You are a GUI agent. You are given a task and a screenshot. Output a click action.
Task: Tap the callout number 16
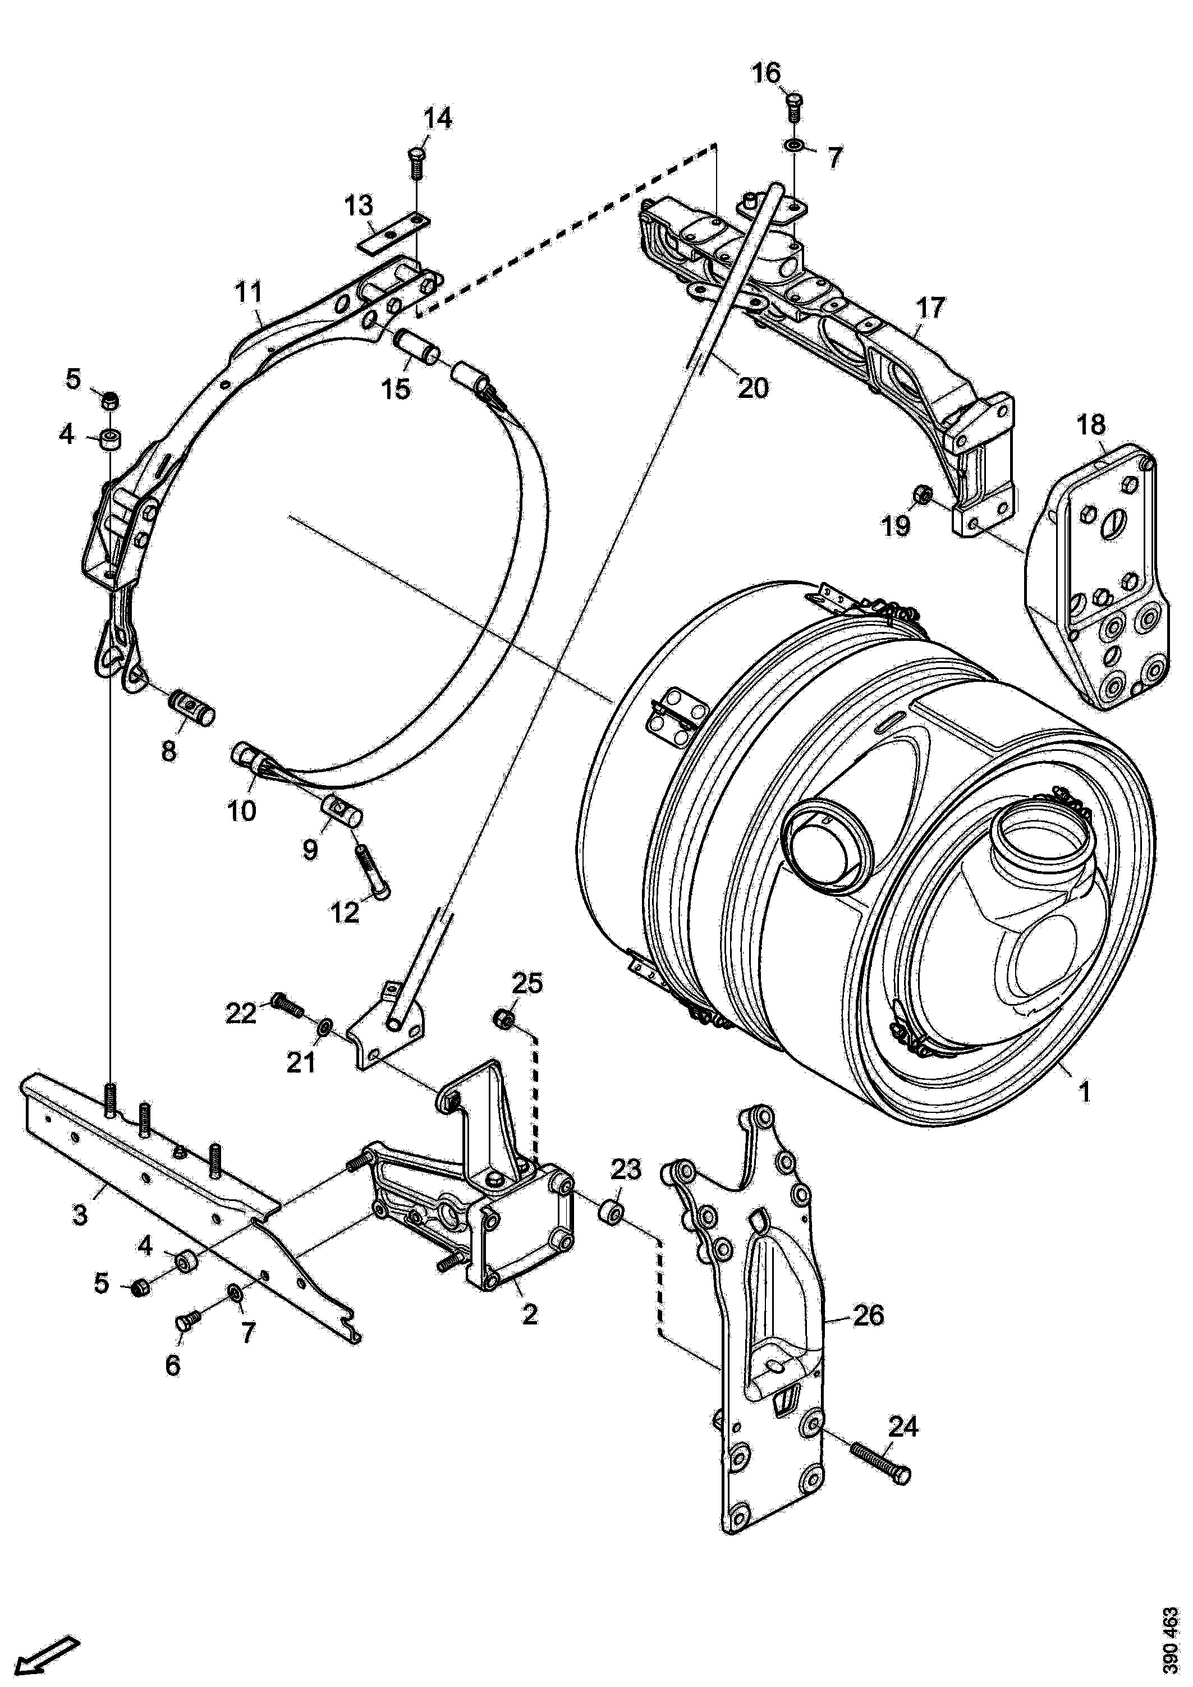coord(766,74)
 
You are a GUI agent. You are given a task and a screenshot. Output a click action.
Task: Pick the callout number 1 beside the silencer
coord(1084,1091)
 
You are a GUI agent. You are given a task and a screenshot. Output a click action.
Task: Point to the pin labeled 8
coord(192,705)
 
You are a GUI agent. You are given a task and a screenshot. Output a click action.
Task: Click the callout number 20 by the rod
coord(752,387)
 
